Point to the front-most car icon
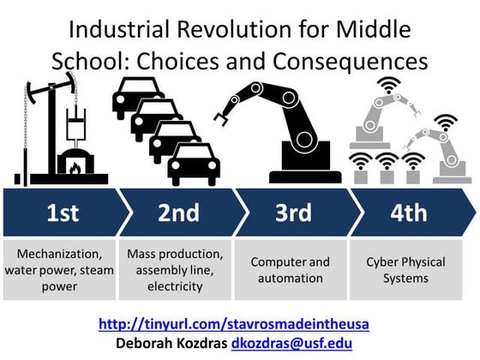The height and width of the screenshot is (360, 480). coord(194,163)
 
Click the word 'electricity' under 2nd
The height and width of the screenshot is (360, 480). coord(175,285)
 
